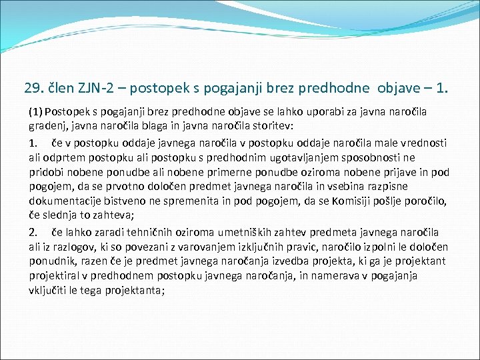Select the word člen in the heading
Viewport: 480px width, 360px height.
click(x=60, y=87)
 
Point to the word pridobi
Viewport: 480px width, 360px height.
click(x=45, y=172)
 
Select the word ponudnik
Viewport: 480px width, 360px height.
click(x=51, y=261)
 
